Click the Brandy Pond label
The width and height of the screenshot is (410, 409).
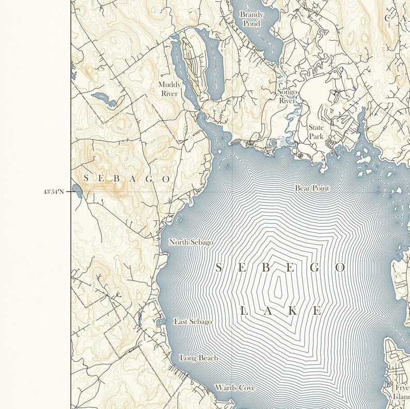251,19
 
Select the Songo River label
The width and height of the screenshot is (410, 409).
288,97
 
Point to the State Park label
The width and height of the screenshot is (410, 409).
316,132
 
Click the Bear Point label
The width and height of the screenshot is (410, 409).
312,188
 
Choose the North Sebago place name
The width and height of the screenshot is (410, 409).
191,242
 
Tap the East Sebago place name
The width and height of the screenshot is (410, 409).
193,322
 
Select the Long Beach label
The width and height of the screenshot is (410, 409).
199,358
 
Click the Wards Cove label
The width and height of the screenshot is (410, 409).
235,387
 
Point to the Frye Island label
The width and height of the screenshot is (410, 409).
402,391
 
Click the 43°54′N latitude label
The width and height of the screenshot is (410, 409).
54,192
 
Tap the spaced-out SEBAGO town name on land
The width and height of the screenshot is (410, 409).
127,178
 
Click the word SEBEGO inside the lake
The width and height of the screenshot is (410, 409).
280,268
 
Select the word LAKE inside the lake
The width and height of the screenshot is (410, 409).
281,311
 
